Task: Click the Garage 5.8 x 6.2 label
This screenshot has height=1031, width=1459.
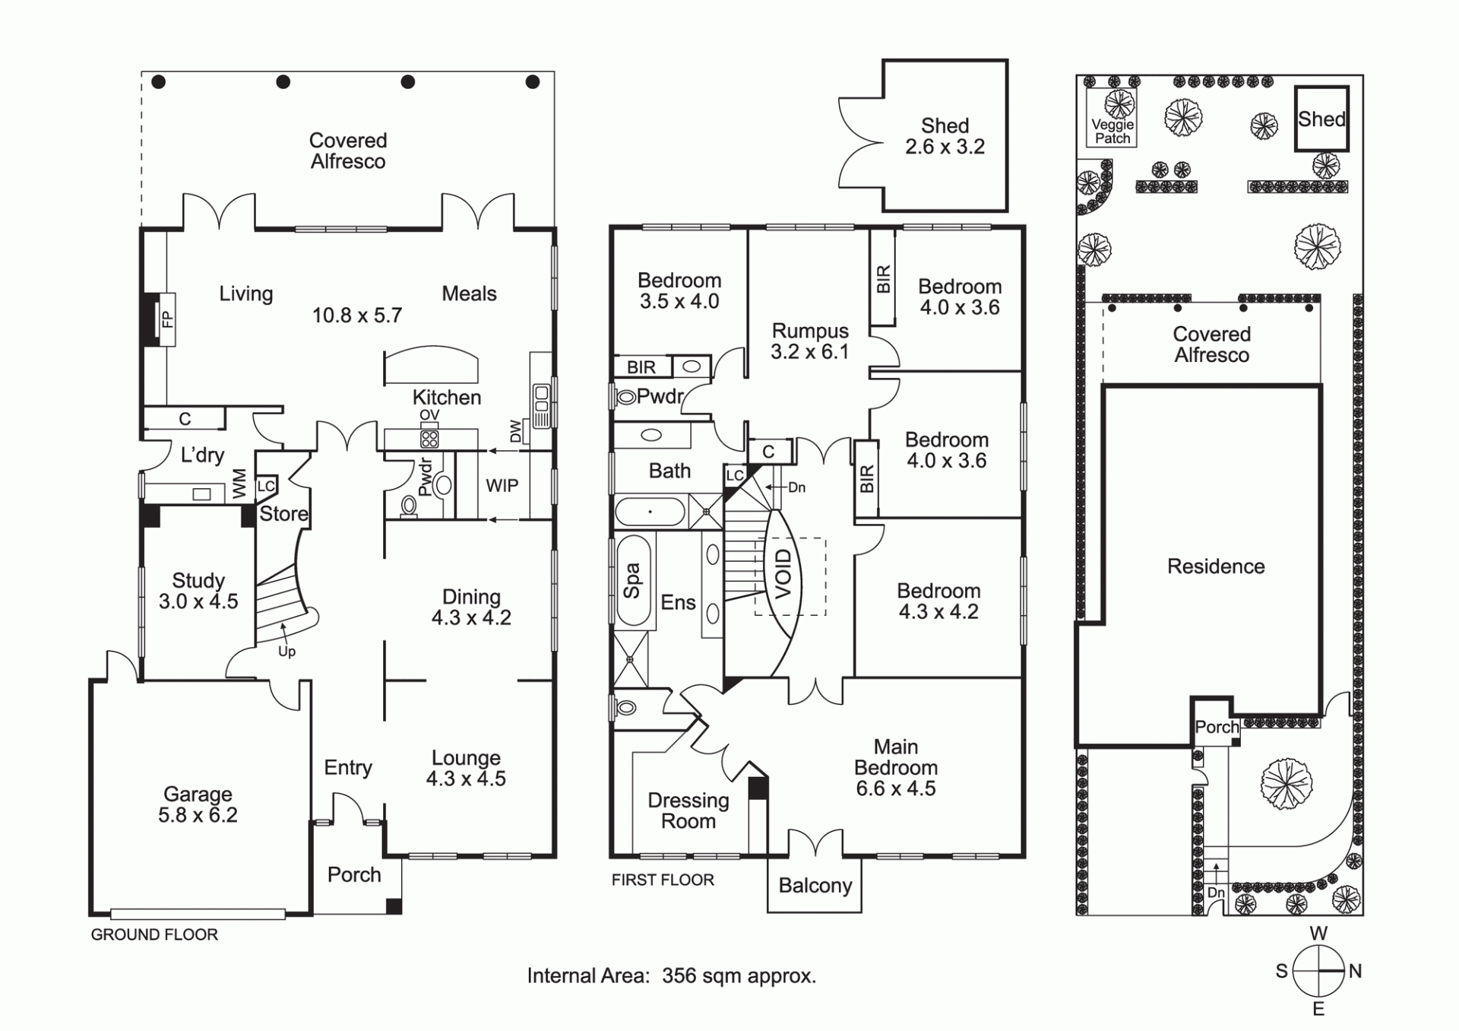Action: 198,804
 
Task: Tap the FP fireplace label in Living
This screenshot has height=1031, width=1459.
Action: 168,319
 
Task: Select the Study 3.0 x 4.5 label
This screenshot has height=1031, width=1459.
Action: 198,591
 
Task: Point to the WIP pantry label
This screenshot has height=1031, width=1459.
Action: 502,486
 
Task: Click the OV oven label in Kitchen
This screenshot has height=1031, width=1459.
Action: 429,414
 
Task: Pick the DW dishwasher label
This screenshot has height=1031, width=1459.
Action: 516,432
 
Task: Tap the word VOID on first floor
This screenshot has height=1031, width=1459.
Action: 783,573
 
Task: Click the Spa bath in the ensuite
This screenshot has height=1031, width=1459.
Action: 632,582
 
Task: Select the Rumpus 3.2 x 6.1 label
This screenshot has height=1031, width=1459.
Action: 810,341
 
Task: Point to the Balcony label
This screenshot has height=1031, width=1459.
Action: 815,885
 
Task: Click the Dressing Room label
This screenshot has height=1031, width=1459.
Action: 688,811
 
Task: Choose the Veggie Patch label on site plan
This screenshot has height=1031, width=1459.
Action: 1112,132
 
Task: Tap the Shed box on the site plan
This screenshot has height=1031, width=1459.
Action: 1321,119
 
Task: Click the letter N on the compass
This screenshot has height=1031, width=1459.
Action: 1355,971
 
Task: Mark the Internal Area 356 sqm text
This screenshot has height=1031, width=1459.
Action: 672,975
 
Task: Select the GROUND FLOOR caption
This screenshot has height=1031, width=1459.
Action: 154,934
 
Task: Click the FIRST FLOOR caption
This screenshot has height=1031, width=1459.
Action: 663,880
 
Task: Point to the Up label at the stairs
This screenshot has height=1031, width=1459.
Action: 286,652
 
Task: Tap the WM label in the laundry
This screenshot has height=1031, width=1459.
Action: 239,483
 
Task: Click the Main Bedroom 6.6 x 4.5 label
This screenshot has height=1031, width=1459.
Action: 896,768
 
